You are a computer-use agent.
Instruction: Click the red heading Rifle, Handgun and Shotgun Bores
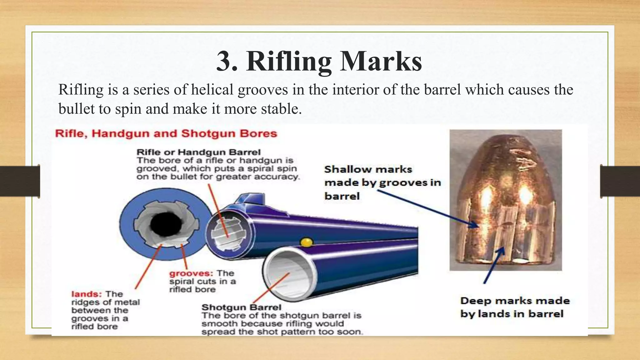coord(166,134)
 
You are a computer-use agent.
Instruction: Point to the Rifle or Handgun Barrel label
coord(198,152)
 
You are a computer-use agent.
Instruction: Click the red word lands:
coord(86,294)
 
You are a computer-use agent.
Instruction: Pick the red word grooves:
coord(191,273)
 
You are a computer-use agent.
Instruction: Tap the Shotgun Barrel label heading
coord(241,307)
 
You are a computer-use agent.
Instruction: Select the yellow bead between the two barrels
coord(306,242)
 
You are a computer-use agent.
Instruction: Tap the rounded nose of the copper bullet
coord(503,150)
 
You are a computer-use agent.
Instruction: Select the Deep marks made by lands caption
coord(514,307)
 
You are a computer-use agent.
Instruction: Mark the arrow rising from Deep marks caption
coord(494,266)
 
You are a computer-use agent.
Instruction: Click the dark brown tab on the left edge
coord(20,181)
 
